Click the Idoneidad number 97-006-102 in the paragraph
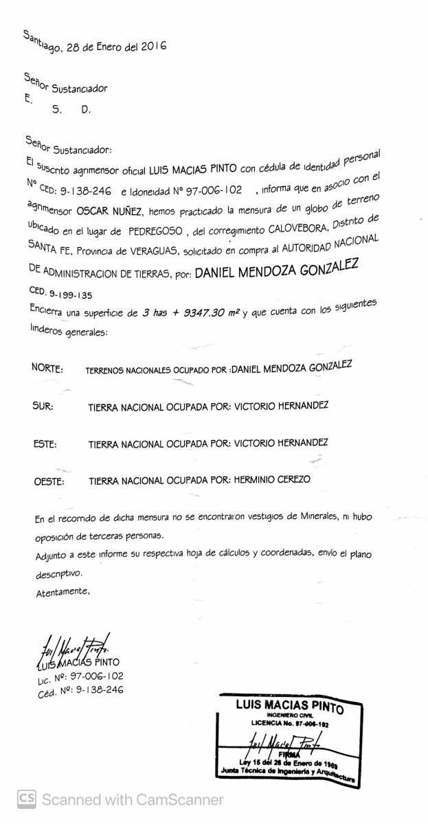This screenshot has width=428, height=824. tap(213, 190)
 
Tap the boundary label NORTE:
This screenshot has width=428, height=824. tap(47, 369)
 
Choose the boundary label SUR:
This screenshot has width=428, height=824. tap(43, 406)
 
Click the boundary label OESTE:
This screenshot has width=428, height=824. tap(49, 481)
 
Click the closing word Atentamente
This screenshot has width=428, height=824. tap(63, 591)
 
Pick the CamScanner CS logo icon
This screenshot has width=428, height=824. tap(26, 799)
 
